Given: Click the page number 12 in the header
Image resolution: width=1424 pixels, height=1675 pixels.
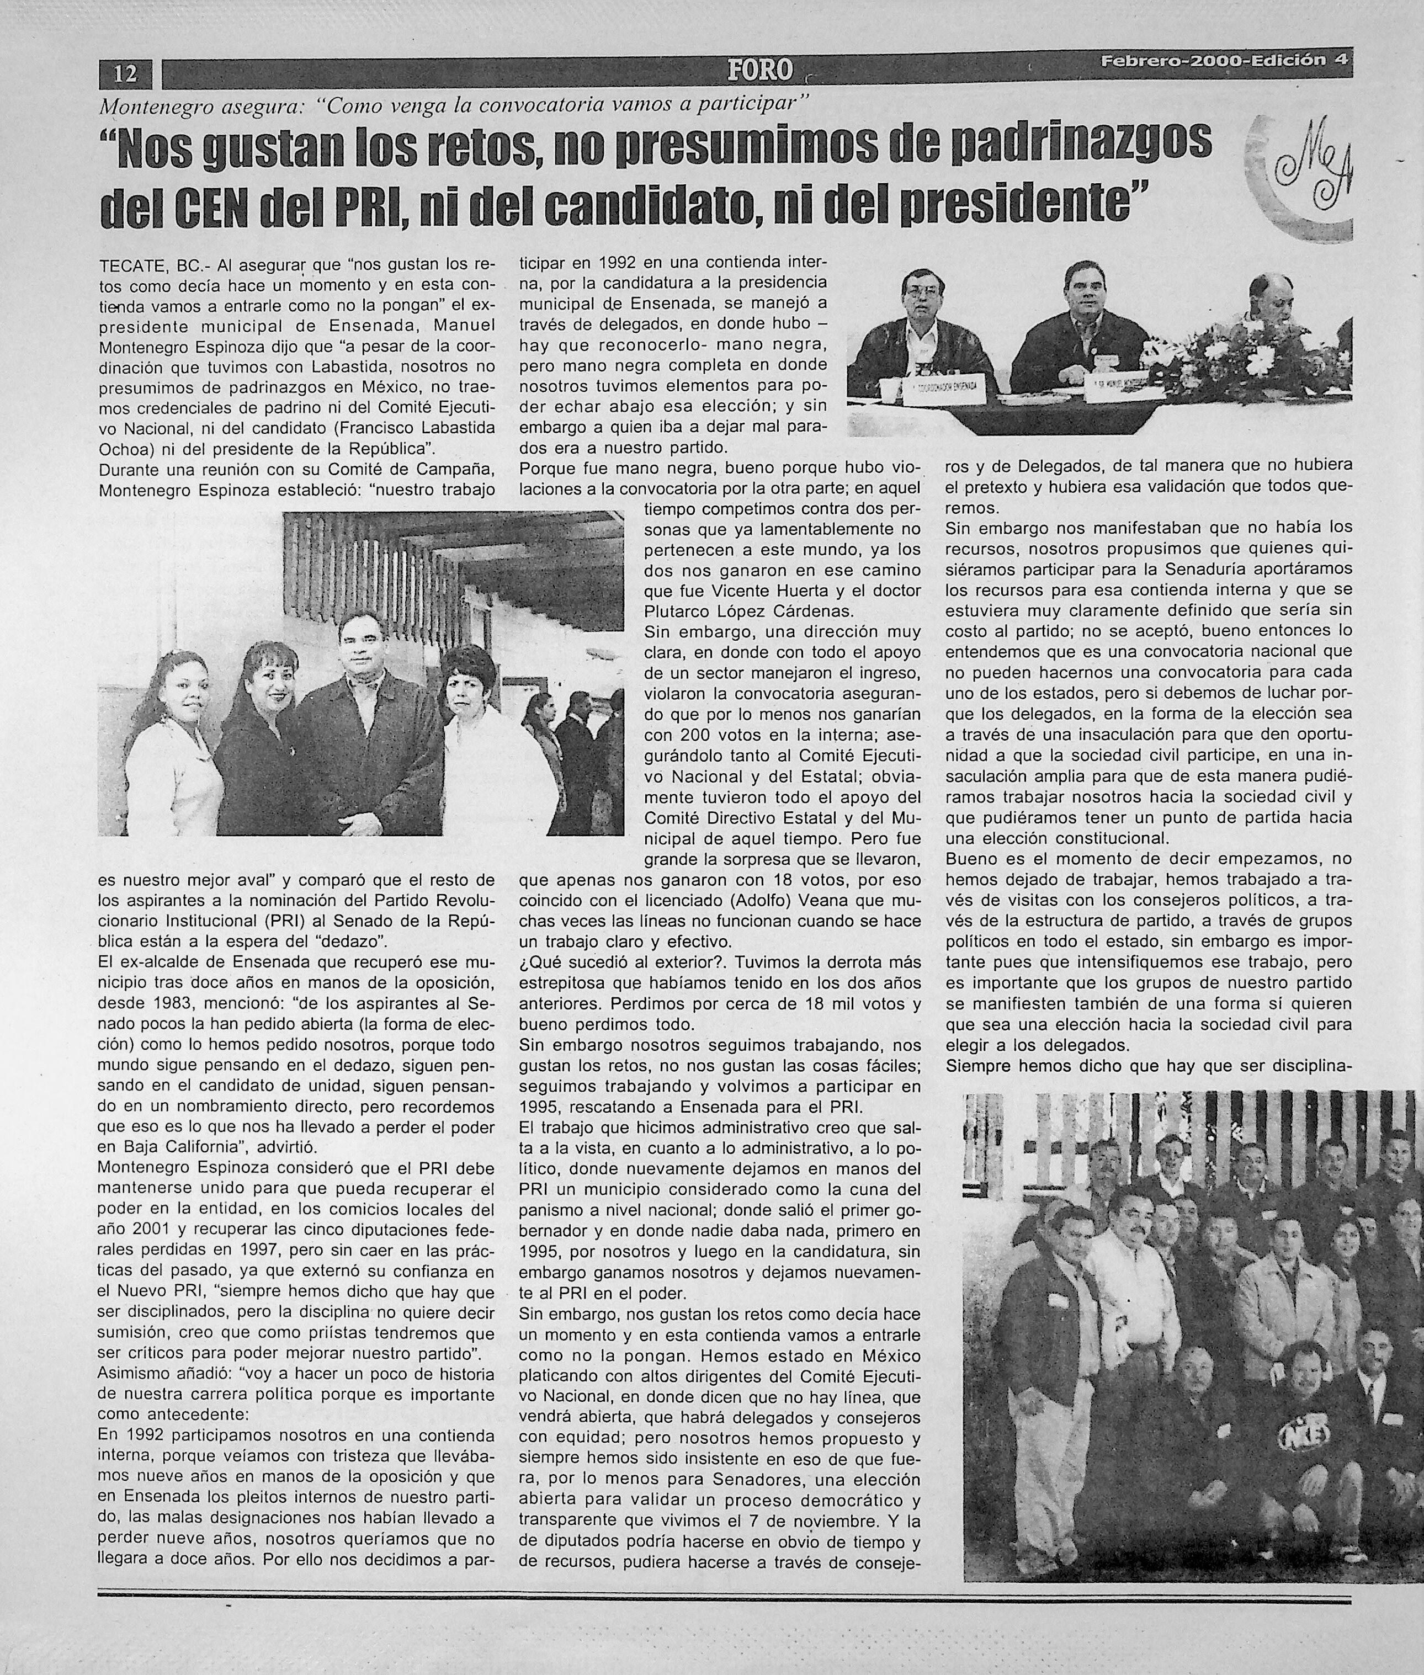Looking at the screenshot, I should [x=126, y=75].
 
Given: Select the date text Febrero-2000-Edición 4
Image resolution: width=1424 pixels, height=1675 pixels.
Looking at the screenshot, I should [x=1225, y=61].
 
